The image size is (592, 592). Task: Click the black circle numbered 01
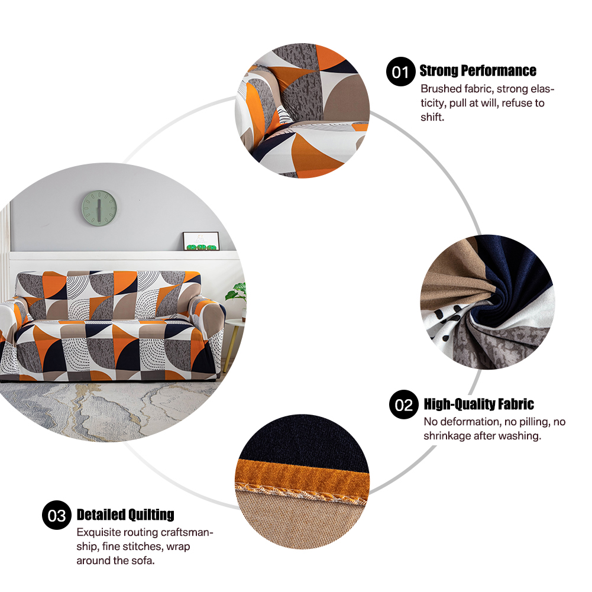click(x=400, y=72)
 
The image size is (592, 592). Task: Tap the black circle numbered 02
click(x=404, y=405)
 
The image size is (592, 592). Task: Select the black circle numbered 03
click(x=57, y=515)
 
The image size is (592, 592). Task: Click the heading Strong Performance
click(x=478, y=70)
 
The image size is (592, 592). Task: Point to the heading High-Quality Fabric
click(x=478, y=404)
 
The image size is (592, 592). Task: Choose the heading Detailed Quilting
click(x=125, y=515)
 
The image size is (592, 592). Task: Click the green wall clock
click(x=99, y=208)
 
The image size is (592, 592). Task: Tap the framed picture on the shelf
click(x=201, y=241)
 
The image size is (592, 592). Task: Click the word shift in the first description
click(x=431, y=117)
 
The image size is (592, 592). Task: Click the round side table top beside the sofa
click(x=235, y=324)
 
